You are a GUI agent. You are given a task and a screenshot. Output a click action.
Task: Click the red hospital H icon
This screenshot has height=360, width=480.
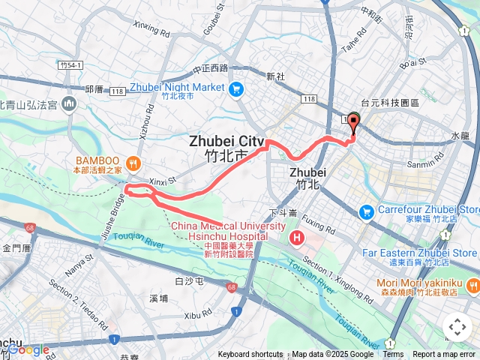point(297,239)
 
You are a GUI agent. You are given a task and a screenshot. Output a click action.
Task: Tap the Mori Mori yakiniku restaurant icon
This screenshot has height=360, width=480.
point(472,285)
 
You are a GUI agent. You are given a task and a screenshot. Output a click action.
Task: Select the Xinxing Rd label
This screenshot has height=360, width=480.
point(151,29)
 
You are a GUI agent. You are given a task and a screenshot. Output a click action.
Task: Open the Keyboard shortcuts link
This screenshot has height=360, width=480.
point(250,355)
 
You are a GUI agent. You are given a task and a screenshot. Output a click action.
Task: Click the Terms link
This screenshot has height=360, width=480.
point(393,355)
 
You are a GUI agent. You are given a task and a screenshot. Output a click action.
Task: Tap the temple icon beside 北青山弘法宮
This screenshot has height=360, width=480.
point(70,103)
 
